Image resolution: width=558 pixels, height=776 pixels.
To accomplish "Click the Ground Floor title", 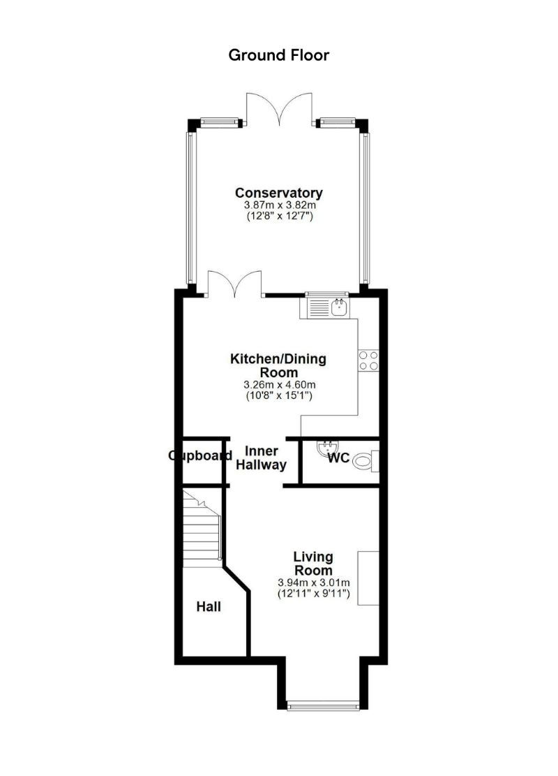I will click(278, 55).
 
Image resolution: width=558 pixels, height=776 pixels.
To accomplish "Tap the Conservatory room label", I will click(278, 193).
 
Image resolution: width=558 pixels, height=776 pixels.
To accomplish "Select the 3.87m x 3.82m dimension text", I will click(278, 206).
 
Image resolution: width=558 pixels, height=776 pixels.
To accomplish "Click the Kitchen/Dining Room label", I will click(278, 365).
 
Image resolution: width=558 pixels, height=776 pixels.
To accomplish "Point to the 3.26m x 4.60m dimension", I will click(278, 385).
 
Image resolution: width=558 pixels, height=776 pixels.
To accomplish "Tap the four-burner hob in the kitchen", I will click(368, 359).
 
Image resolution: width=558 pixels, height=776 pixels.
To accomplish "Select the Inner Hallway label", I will click(261, 458).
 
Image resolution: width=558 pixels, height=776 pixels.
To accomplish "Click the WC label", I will click(339, 459).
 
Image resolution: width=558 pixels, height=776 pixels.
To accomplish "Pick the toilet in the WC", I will click(365, 461).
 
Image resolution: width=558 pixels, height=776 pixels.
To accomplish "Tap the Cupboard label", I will click(200, 456).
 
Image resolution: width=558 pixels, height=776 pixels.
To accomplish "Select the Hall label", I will click(209, 607).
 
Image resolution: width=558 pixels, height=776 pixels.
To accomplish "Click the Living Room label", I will click(313, 564).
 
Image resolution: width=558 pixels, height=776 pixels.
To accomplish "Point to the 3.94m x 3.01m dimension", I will click(313, 583).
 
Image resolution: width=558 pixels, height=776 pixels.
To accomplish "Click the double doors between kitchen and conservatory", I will click(235, 284).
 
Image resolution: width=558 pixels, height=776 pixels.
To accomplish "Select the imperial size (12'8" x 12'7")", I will click(278, 217).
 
